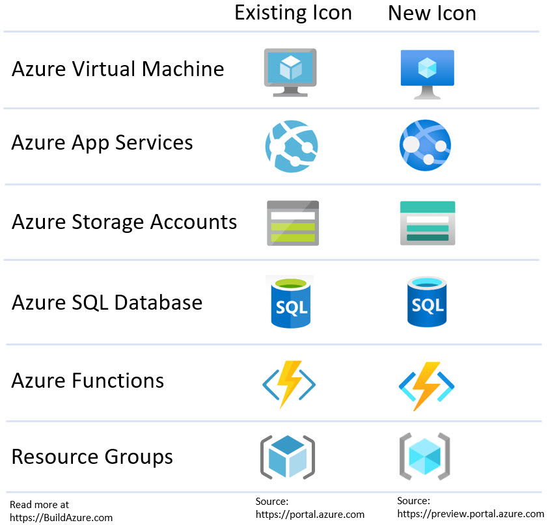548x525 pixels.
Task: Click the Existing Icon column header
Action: point(293,13)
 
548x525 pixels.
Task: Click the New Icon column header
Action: point(432,14)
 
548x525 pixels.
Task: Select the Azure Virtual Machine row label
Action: point(118,69)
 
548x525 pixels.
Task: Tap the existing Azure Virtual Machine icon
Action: point(290,72)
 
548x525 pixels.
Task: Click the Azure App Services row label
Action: point(102,142)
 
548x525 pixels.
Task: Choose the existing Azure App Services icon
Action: point(292,146)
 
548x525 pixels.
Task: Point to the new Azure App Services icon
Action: point(425,145)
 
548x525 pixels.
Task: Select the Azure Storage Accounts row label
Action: point(124,222)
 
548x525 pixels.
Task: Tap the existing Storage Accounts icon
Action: point(293,222)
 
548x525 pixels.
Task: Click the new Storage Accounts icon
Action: point(427,222)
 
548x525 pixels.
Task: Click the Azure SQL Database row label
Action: point(107,303)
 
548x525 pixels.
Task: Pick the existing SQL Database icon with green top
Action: point(290,303)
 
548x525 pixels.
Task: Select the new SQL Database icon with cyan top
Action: point(427,302)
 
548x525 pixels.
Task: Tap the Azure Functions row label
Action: point(88,380)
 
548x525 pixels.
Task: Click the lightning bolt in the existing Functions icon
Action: point(288,384)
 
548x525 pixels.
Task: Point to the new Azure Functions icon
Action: point(426,385)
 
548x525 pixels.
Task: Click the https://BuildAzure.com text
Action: point(61,518)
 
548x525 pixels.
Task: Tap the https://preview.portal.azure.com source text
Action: point(471,513)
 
